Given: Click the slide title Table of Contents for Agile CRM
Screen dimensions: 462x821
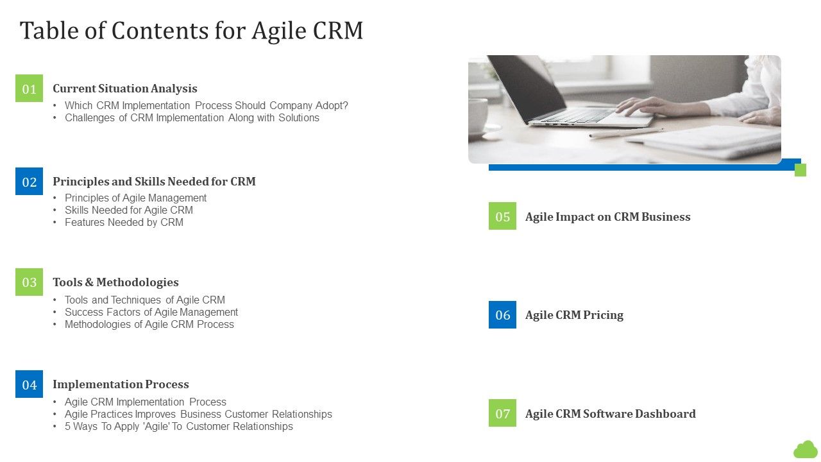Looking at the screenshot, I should point(191,30).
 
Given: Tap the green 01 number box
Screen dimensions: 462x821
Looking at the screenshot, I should point(30,89).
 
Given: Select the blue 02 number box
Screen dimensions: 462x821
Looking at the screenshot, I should point(30,182).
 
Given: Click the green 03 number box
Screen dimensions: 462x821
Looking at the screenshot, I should point(30,282).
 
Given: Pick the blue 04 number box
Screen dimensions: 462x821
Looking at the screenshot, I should point(30,384).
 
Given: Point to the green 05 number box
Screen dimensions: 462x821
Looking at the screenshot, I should point(502,216).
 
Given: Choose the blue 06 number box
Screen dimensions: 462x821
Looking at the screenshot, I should point(502,315).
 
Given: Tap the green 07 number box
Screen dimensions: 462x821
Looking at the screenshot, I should point(502,413).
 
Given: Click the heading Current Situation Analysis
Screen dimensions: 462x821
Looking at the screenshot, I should point(125,89).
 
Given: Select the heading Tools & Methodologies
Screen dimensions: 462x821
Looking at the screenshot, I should point(115,282).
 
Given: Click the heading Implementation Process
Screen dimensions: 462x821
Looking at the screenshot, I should point(121,384).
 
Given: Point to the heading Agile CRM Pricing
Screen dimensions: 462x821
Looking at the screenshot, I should point(574,315).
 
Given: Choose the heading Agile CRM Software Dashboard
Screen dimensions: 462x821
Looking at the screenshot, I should point(610,414).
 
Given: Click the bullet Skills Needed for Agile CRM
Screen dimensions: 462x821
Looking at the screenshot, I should point(128,210).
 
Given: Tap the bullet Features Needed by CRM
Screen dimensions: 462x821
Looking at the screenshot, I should point(124,222).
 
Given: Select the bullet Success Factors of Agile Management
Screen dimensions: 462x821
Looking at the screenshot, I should point(151,312).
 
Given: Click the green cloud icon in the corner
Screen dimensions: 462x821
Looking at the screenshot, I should point(806,449).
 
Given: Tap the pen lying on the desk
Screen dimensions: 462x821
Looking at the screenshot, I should point(625,132).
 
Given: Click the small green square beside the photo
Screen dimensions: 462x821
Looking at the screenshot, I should point(800,170).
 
